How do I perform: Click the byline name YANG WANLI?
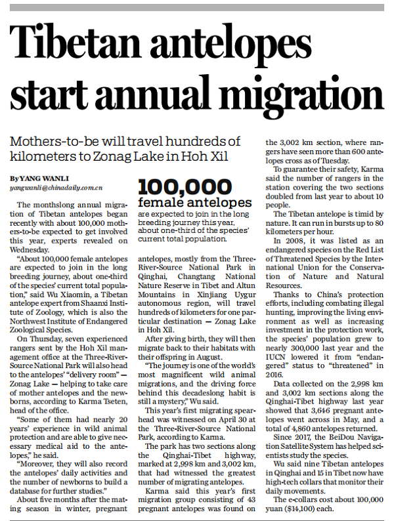click(37, 178)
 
